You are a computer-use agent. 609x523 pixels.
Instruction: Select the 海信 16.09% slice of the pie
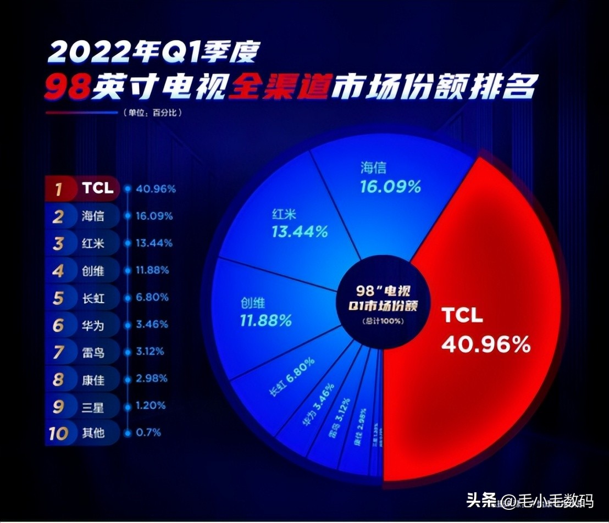[390, 198]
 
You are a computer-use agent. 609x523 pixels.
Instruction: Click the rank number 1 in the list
[58, 188]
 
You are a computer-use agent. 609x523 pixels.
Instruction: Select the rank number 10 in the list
[58, 433]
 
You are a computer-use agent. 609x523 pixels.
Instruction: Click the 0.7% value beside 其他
[148, 432]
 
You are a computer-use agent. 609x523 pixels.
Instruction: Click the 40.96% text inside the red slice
[486, 344]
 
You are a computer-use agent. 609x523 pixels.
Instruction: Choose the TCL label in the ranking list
[98, 188]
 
